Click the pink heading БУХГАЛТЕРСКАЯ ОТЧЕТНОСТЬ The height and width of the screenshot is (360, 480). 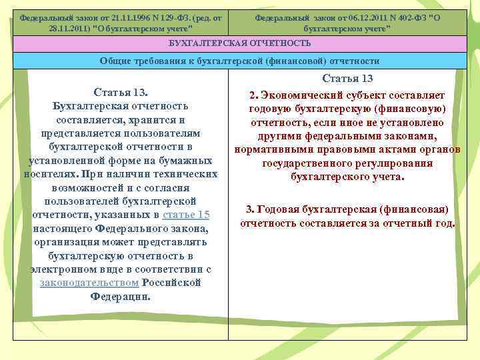coord(240,43)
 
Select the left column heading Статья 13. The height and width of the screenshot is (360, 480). coord(121,91)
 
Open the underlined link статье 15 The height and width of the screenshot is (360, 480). coord(186,215)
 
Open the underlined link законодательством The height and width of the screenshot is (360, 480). coord(89,283)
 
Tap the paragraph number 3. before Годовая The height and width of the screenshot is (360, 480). coord(249,209)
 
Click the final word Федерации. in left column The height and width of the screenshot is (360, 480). coord(121,296)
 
